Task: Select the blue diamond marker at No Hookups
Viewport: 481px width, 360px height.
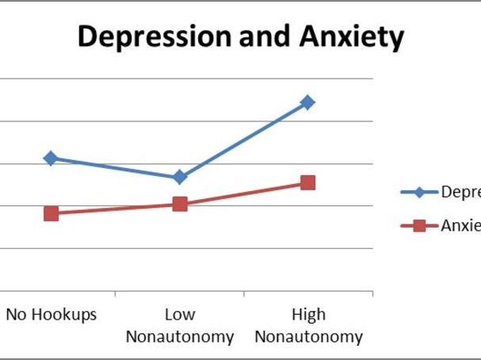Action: pos(51,158)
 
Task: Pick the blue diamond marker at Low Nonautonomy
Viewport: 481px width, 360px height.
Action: pos(180,176)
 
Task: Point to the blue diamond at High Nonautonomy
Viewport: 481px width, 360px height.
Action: pos(307,102)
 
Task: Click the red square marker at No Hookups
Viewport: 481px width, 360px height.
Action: pos(51,213)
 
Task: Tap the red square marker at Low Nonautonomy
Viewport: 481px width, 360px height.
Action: pos(180,204)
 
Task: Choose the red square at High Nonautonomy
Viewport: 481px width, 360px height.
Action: pos(307,182)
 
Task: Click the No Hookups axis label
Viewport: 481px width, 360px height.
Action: pos(51,315)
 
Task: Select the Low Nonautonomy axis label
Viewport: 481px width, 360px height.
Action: pos(180,326)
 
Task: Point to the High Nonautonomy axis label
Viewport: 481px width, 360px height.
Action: pos(308,326)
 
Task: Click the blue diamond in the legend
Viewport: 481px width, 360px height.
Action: pos(420,192)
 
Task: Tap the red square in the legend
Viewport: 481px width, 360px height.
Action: pos(420,225)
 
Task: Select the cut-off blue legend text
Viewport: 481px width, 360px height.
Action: pos(460,193)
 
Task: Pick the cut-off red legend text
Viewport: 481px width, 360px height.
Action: pos(460,225)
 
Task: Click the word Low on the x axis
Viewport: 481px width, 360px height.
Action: pos(180,315)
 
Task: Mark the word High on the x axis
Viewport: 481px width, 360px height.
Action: pos(308,315)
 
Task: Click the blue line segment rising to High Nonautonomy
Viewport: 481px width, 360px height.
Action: pos(244,140)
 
